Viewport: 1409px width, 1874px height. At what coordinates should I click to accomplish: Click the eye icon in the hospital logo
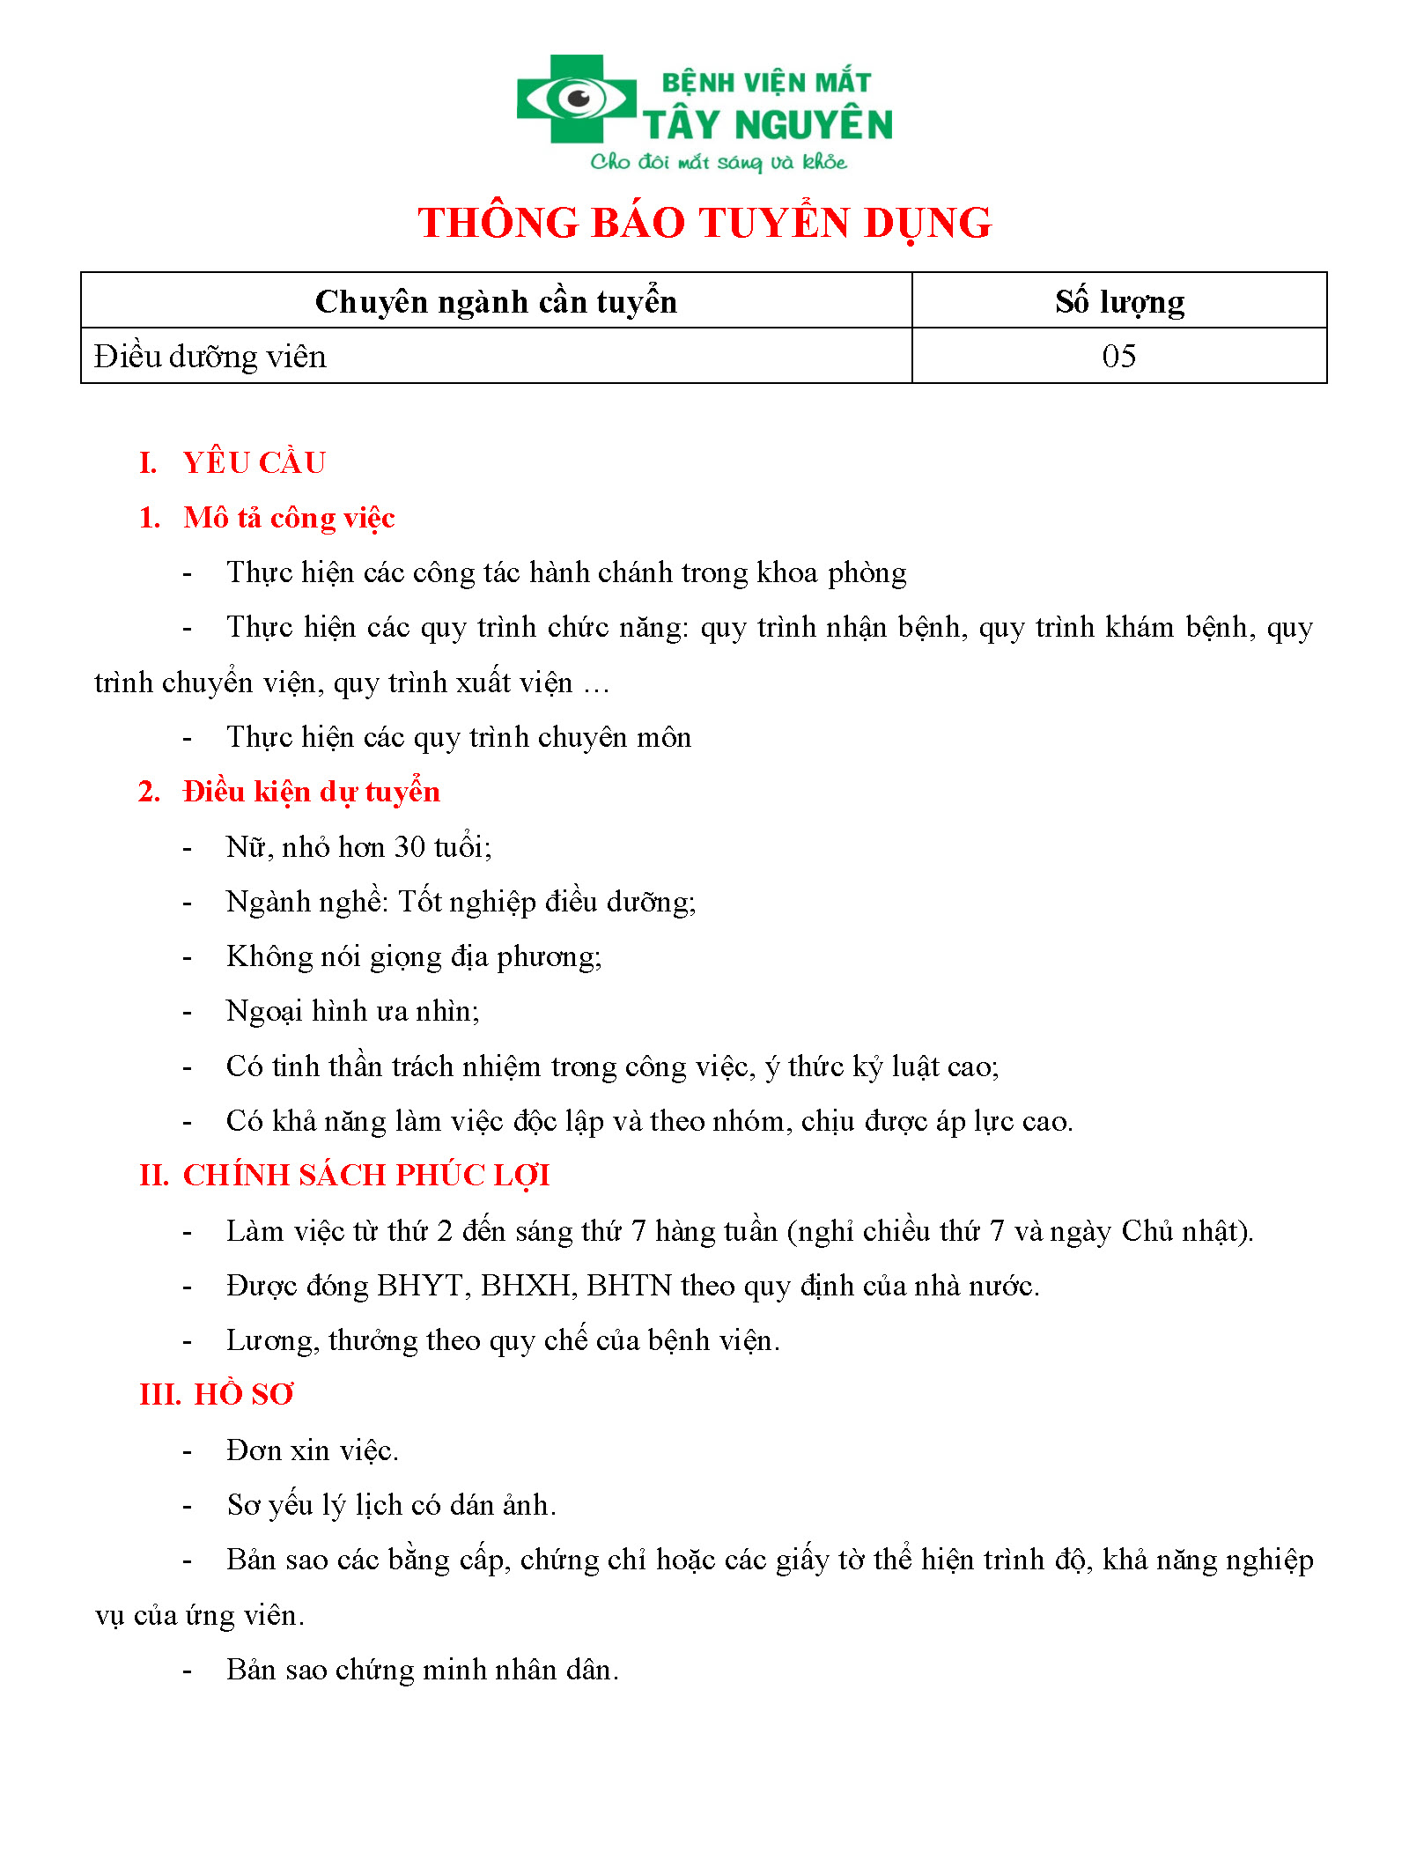point(577,98)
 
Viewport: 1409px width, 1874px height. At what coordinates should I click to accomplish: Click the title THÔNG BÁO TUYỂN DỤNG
point(704,223)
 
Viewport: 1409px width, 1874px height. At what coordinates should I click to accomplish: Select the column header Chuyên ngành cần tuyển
point(496,302)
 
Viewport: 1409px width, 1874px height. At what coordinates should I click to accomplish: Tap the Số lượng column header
point(1119,302)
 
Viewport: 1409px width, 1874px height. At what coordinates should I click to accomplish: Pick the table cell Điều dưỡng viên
point(210,357)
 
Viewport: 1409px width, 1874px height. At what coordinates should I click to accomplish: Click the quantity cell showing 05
point(1118,357)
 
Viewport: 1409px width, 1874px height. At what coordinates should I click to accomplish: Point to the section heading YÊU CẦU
point(254,463)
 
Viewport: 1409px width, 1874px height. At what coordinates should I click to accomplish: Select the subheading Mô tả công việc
point(289,518)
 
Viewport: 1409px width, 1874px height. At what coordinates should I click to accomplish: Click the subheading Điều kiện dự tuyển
point(311,792)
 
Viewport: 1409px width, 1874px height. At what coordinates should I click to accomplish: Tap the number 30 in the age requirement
point(410,847)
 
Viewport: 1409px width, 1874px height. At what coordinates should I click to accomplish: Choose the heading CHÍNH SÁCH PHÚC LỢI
point(366,1176)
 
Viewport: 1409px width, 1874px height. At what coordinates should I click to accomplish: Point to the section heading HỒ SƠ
point(243,1395)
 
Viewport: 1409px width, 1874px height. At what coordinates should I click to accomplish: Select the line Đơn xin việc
point(313,1450)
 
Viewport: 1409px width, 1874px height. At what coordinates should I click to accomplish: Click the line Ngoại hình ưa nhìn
point(352,1012)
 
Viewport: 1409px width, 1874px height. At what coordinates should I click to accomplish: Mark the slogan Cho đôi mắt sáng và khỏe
point(719,162)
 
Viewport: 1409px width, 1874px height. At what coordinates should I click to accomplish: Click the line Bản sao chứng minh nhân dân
point(423,1670)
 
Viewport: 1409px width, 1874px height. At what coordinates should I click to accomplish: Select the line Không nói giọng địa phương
point(414,957)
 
